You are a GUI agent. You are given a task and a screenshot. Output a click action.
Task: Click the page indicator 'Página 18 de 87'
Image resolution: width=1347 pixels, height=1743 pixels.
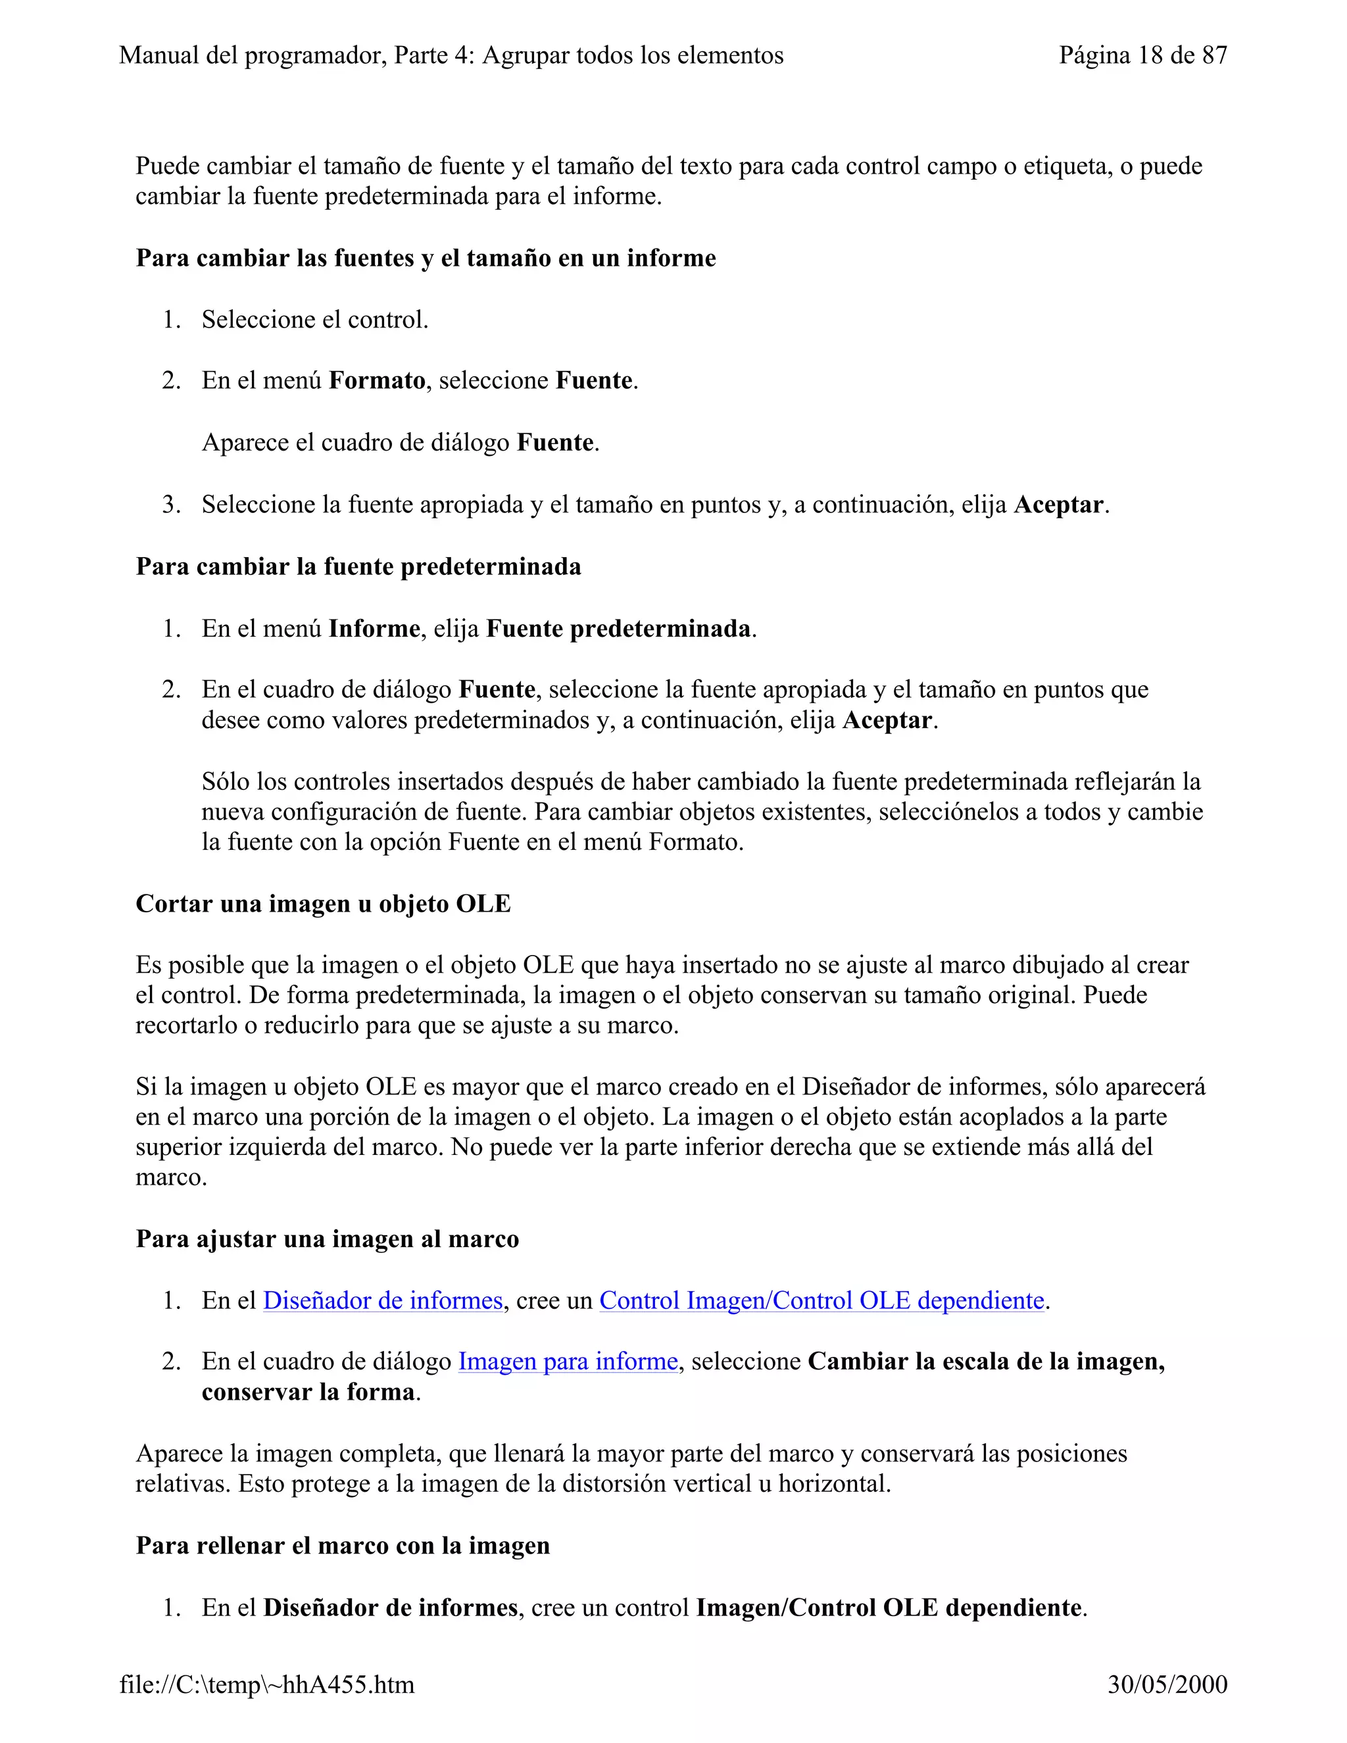[x=1142, y=55]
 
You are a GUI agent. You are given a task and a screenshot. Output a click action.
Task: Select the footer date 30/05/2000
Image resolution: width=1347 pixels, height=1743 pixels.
[x=1167, y=1684]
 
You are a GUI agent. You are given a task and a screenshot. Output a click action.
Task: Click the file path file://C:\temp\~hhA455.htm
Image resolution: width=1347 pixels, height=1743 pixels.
[x=266, y=1684]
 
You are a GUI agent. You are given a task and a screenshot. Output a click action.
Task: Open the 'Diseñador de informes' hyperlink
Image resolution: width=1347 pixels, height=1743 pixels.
[x=382, y=1300]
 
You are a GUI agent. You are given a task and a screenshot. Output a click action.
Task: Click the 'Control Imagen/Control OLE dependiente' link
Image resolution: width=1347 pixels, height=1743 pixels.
[x=821, y=1300]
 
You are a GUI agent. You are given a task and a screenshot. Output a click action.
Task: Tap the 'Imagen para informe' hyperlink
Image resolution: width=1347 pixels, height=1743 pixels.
[x=568, y=1361]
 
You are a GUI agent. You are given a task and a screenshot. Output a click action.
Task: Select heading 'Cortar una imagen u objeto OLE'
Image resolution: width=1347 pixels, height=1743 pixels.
[x=323, y=904]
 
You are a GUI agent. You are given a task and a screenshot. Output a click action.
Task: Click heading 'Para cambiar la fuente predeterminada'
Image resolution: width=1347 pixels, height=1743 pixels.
[x=358, y=566]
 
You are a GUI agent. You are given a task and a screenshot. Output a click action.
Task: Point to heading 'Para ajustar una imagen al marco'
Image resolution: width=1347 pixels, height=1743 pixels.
[x=327, y=1239]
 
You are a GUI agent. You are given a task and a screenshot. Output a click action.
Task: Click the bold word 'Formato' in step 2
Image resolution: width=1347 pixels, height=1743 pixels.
[x=377, y=381]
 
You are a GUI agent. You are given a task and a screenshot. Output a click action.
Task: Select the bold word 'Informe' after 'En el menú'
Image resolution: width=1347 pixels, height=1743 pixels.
[x=374, y=629]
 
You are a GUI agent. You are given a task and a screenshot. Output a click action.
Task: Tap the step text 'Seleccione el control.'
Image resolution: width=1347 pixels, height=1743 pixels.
[x=314, y=320]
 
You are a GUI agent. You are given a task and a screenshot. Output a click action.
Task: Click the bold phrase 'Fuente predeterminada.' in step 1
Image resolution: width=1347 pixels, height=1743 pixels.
[x=618, y=629]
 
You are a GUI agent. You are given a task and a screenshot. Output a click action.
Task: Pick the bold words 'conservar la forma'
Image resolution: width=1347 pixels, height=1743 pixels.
[x=308, y=1392]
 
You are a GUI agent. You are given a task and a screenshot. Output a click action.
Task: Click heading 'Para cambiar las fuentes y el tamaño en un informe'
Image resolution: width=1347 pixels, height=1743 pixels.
[x=426, y=258]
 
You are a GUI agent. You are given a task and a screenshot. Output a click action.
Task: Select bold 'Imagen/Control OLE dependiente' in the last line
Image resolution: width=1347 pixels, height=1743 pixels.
[x=889, y=1607]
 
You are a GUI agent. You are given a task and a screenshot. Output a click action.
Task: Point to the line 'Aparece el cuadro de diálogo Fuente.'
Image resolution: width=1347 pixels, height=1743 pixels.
[x=400, y=442]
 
